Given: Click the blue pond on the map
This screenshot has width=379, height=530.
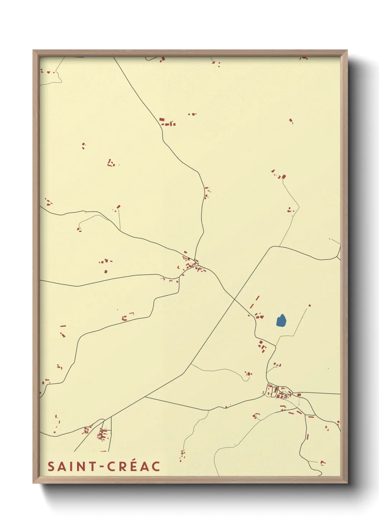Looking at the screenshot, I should pos(281,321).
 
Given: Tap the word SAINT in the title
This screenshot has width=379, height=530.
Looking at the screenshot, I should pos(72,466).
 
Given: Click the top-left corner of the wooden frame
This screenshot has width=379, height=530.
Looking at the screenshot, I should pos(33,50).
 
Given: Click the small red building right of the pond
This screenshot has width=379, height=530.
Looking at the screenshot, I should pos(310,305).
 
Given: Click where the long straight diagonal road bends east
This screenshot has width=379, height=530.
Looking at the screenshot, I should pos(273,247).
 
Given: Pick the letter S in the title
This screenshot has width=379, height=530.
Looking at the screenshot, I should pos(51,466).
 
